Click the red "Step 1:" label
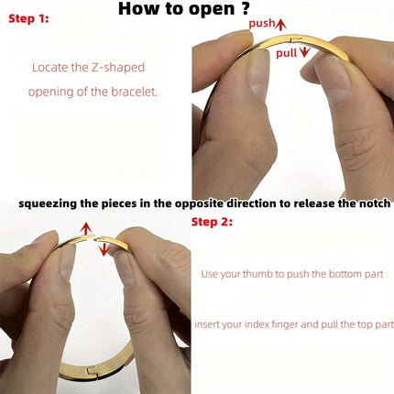pos(28,18)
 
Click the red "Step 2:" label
pos(212,222)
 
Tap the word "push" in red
pos(262,24)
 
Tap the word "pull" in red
pos(287,53)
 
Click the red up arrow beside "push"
pos(280,25)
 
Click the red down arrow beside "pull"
pos(304,52)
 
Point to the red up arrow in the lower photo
pos(86,228)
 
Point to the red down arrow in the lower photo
pos(104,249)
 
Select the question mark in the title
pos(245,8)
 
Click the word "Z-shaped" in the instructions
pos(118,68)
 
